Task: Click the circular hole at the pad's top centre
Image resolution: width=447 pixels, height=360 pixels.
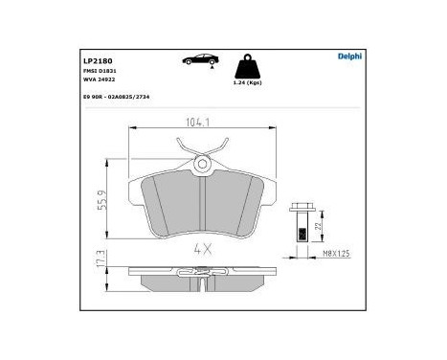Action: tap(203, 166)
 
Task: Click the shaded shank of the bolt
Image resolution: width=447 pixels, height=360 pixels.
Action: tap(301, 231)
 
